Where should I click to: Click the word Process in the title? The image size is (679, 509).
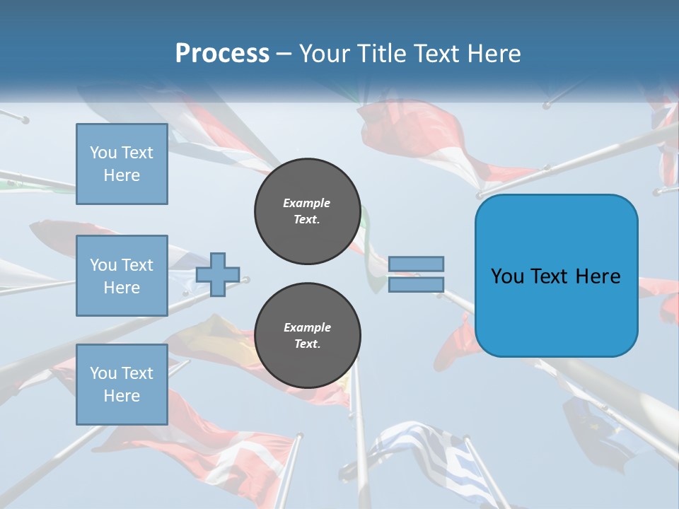(222, 54)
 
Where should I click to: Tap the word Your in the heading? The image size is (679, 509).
(327, 54)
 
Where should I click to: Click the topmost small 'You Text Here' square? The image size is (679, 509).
(122, 164)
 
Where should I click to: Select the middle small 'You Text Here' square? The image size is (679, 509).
(122, 276)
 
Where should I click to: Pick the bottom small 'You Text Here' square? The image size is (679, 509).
(122, 385)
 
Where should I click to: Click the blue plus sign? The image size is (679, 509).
(217, 275)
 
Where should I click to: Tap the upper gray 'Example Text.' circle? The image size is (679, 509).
(307, 211)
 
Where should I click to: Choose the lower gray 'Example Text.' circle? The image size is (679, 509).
(307, 336)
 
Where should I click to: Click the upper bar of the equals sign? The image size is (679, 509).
(416, 264)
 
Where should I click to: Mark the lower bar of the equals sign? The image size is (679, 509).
(416, 284)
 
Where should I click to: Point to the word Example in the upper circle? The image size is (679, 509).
(307, 203)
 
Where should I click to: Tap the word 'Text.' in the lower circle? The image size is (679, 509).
(307, 344)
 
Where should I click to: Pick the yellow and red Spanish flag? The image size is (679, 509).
(212, 339)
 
